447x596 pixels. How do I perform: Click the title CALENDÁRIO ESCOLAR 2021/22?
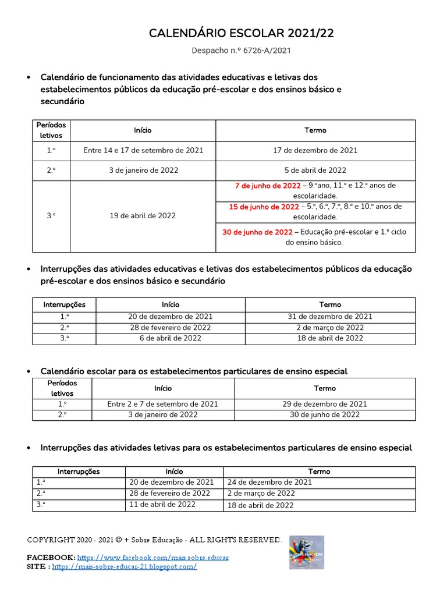(x=242, y=34)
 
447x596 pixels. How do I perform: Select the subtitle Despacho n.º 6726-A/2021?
(x=242, y=51)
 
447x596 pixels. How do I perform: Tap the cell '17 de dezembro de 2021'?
(x=315, y=150)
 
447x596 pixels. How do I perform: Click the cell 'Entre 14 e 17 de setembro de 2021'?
(x=143, y=150)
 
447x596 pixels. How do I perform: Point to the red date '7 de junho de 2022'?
(x=268, y=186)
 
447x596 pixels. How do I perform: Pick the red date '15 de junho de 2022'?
(x=264, y=207)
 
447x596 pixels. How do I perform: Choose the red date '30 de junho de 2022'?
(x=257, y=232)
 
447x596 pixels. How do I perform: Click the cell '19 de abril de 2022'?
(x=143, y=215)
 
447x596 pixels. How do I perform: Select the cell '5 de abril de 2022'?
(x=315, y=171)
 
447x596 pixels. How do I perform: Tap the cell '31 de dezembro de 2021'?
(x=330, y=317)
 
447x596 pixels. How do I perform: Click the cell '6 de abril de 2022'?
(x=171, y=338)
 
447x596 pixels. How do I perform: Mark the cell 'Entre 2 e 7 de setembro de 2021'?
(x=163, y=404)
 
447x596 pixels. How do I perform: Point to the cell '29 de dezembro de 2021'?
(x=325, y=404)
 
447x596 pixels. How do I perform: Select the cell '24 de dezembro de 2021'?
(x=269, y=482)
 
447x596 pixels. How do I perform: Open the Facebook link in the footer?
(x=152, y=558)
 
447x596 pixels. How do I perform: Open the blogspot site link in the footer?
(x=125, y=567)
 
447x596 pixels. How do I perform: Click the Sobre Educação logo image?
(x=306, y=552)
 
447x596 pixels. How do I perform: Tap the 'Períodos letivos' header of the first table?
(x=51, y=130)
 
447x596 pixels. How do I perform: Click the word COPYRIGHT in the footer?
(x=49, y=540)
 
